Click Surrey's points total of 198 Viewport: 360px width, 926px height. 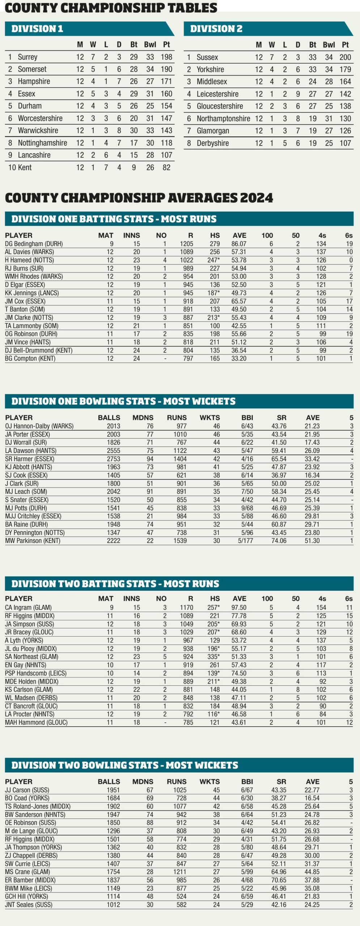coord(166,57)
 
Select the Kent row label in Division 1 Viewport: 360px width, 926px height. coord(25,167)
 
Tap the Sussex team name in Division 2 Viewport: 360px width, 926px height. coord(207,57)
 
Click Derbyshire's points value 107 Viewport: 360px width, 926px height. coord(345,143)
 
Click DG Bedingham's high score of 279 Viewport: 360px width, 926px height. coord(215,244)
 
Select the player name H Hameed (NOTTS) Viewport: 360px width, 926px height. coord(29,260)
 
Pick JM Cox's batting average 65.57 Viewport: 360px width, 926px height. coord(239,301)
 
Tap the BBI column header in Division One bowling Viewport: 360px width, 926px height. coord(247,417)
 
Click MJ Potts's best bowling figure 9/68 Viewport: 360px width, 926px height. coord(247,508)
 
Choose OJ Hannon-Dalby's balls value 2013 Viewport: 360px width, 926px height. coord(113,426)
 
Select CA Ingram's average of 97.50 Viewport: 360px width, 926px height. coord(239,607)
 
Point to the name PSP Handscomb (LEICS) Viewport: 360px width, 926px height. coord(36,673)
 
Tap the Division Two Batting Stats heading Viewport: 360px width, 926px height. coord(115,583)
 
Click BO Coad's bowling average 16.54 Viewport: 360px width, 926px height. coord(312,798)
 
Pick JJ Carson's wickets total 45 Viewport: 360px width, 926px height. coord(216,790)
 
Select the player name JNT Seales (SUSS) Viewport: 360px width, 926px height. coord(29,905)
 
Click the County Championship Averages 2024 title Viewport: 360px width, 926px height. coord(139,198)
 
